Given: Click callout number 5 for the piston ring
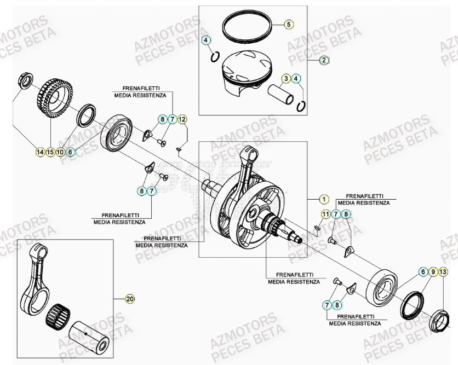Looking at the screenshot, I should pyautogui.click(x=289, y=24).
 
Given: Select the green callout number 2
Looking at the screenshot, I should pyautogui.click(x=324, y=61).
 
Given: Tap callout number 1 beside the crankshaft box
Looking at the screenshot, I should pyautogui.click(x=324, y=199).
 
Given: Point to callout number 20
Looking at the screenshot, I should pyautogui.click(x=130, y=299).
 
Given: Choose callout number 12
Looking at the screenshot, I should pyautogui.click(x=182, y=119).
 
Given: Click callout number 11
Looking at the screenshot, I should pyautogui.click(x=325, y=214).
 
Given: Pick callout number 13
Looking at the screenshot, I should pyautogui.click(x=443, y=272).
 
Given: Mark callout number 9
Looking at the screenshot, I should pyautogui.click(x=433, y=272).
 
